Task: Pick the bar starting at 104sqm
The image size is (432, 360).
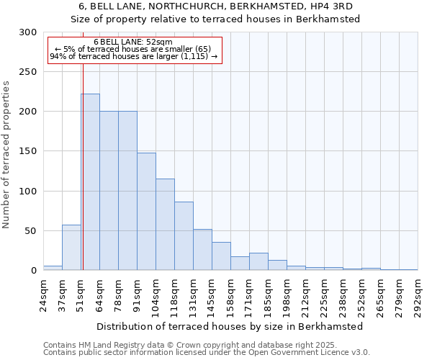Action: [x=165, y=224]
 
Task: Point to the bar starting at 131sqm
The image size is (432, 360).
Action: [x=202, y=249]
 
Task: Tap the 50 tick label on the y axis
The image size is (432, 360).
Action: [x=30, y=231]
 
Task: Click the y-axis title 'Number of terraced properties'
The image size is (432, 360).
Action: [x=6, y=154]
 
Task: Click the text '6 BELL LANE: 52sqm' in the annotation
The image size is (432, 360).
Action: [x=133, y=42]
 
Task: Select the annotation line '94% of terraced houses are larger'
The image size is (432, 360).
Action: [x=133, y=56]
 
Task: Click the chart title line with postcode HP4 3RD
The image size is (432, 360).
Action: [x=215, y=6]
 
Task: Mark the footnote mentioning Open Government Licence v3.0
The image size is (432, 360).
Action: [x=207, y=353]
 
